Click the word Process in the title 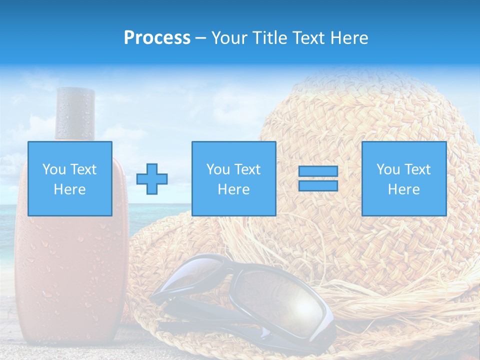click(157, 38)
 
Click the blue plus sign click(152, 178)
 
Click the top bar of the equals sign click(318, 171)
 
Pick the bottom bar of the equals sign click(318, 186)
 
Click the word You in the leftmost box click(54, 169)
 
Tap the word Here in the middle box click(234, 189)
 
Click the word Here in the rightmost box click(404, 189)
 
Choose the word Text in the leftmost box click(83, 169)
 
